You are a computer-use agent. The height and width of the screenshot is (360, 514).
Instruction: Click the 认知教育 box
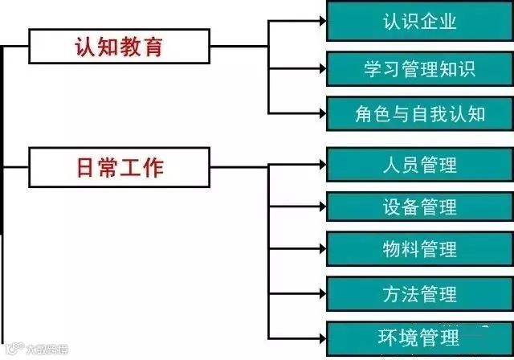pos(119,47)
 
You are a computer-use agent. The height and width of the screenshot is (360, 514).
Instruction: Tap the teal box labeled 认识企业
pos(419,22)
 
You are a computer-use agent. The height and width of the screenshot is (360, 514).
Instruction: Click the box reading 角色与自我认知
pos(419,113)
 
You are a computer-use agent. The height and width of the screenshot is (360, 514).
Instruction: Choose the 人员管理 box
pos(419,164)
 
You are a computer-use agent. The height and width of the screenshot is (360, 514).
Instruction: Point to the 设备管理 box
pos(419,207)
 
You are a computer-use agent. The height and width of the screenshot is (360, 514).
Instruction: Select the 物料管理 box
pos(419,249)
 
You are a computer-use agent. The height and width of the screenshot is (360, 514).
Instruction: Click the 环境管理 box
pos(419,336)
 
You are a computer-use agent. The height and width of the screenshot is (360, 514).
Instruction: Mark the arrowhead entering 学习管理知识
pos(320,67)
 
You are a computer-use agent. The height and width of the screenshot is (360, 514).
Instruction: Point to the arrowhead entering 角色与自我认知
pos(320,113)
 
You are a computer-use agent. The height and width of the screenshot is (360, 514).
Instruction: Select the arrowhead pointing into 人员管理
pos(320,164)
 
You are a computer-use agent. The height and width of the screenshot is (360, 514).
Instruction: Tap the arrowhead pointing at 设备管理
pos(320,207)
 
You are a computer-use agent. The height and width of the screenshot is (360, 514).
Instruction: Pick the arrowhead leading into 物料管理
pos(320,249)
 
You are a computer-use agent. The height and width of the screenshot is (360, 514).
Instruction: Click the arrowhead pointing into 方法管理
pos(320,292)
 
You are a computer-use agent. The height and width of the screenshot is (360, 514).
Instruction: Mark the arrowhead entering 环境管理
pos(320,336)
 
